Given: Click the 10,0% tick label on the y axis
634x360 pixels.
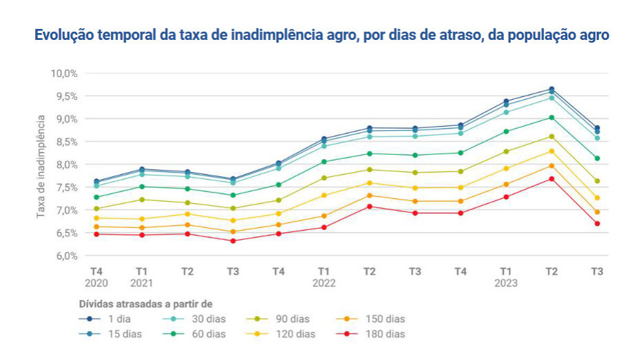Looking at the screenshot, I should [63, 73].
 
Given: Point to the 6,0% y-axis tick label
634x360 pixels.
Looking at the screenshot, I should [65, 256].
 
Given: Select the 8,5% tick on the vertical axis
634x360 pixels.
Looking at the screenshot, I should [65, 142].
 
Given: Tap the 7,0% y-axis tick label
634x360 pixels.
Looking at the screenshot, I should [65, 210].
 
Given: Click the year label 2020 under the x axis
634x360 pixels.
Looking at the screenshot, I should [96, 283].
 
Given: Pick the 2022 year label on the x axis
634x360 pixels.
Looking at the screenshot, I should [324, 283].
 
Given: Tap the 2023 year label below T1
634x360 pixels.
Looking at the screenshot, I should [506, 283].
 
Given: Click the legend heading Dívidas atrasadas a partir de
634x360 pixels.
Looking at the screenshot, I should [145, 303].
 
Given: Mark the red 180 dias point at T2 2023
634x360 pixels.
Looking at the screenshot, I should [551, 179].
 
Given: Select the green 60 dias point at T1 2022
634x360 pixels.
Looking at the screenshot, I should [324, 162].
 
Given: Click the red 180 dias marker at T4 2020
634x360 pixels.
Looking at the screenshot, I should [96, 234].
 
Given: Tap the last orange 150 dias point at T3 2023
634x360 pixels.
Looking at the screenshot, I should [597, 212].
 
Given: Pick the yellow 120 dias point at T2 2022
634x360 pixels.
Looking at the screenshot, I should [369, 182].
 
